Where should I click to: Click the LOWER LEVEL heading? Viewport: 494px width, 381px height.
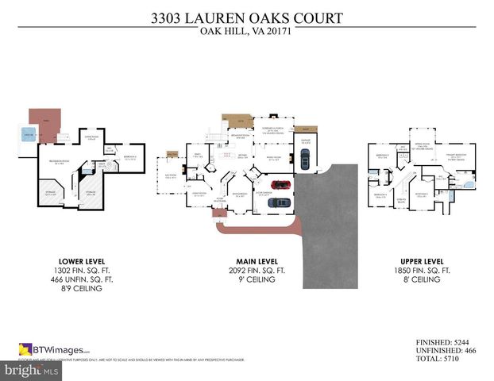pyautogui.click(x=82, y=260)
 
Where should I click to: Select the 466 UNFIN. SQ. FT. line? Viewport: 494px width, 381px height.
pyautogui.click(x=82, y=279)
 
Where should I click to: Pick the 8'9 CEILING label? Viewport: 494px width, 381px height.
pyautogui.click(x=82, y=289)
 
